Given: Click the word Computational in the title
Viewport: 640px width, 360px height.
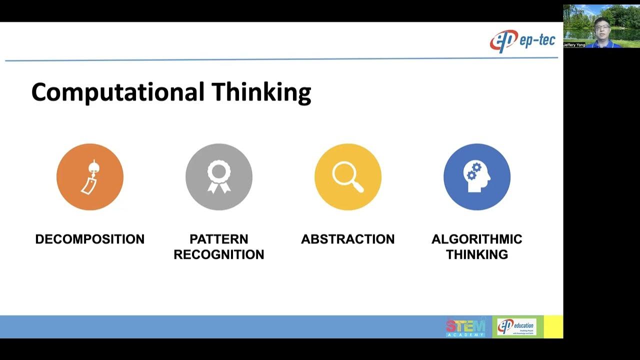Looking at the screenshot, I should click(118, 92).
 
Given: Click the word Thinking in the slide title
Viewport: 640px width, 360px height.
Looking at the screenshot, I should click(261, 92).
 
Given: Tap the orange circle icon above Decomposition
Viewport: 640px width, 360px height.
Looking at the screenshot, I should click(90, 176).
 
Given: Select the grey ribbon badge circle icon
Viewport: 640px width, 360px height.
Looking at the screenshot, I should click(219, 176).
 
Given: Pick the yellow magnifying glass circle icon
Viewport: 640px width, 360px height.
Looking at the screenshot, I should click(348, 176).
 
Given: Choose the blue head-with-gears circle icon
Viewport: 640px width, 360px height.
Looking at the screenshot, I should click(477, 176).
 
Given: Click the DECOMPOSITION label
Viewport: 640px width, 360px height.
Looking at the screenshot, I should click(90, 239).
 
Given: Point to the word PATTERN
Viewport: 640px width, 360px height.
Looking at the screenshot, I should click(219, 239).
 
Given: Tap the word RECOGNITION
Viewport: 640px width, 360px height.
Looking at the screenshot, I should click(219, 254).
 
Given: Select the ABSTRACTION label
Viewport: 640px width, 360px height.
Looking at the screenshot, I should click(348, 239).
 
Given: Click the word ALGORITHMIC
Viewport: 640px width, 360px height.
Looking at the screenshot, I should click(477, 239).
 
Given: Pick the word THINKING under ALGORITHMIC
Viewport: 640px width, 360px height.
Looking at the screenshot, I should click(477, 254).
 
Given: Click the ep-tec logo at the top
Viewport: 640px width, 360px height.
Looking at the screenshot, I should click(522, 41).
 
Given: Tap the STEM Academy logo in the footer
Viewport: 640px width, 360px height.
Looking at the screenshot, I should click(465, 327).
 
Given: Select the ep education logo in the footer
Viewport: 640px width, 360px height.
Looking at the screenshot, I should click(517, 327).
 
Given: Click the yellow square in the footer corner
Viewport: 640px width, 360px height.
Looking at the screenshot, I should click(553, 327).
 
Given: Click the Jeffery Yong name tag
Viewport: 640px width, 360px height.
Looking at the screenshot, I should click(574, 45).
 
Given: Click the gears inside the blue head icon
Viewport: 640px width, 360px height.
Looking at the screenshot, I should click(473, 171).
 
